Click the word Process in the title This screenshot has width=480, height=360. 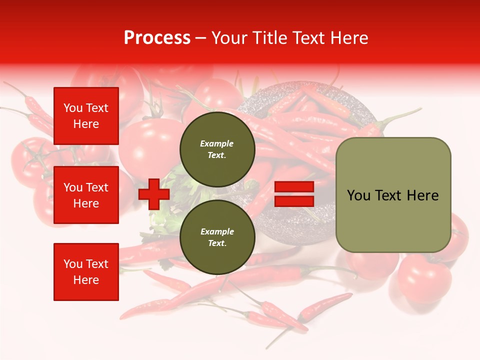[x=157, y=38]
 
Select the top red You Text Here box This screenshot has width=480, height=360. [x=86, y=116]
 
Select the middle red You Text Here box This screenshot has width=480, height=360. [x=86, y=195]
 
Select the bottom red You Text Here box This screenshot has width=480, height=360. [x=86, y=271]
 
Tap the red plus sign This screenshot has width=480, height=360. [x=154, y=194]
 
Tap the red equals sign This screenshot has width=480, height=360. [x=294, y=194]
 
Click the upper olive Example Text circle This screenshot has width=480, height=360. [x=217, y=149]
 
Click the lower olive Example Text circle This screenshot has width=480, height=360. [x=217, y=237]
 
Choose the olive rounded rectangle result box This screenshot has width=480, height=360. [x=393, y=195]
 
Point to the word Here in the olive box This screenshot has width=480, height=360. [x=423, y=195]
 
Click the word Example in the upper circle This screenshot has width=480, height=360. [x=217, y=143]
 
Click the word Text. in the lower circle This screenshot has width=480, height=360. [x=217, y=243]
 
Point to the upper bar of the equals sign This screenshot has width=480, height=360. [x=294, y=187]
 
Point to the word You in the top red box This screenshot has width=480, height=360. [x=73, y=108]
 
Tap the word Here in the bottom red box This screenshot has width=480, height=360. [x=86, y=280]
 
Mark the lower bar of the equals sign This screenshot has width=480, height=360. [x=294, y=201]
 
